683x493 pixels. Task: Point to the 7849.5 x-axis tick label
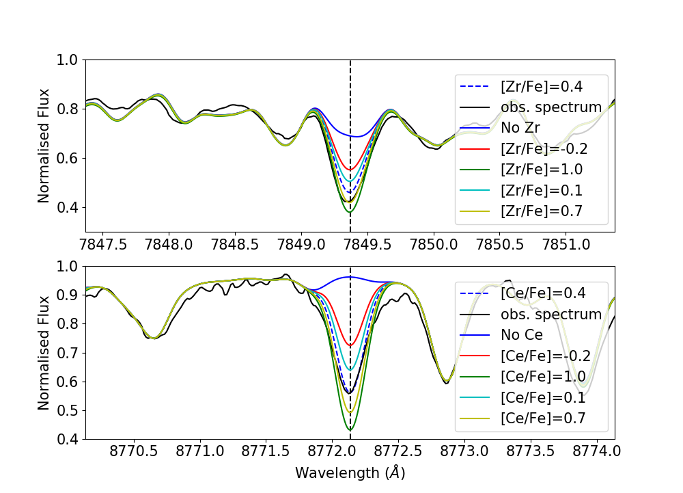pyautogui.click(x=367, y=245)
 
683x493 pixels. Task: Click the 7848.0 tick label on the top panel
pyautogui.click(x=169, y=245)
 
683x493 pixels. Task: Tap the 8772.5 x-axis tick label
pyautogui.click(x=399, y=451)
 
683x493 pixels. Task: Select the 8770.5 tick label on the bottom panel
pyautogui.click(x=134, y=451)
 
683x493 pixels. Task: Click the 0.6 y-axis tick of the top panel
pyautogui.click(x=67, y=158)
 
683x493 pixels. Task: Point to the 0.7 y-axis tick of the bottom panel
pyautogui.click(x=67, y=353)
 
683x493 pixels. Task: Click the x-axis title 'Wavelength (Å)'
pyautogui.click(x=350, y=472)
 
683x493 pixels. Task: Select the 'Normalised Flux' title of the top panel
pyautogui.click(x=44, y=146)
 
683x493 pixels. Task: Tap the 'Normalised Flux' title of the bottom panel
pyautogui.click(x=44, y=353)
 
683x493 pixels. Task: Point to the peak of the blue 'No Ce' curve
pyautogui.click(x=350, y=277)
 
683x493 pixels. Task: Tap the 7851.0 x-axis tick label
pyautogui.click(x=566, y=245)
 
